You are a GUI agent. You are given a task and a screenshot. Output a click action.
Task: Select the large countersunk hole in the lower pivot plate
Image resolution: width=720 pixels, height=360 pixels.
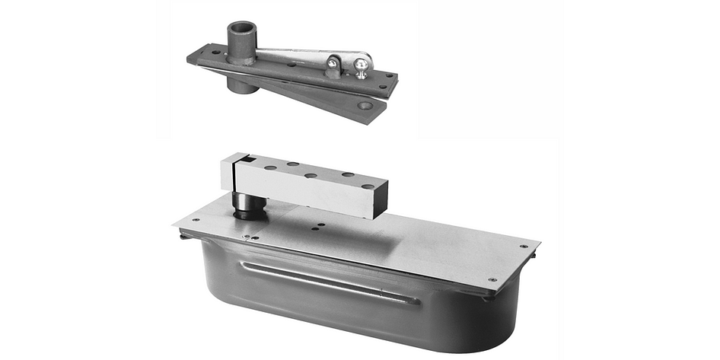click(x=367, y=106)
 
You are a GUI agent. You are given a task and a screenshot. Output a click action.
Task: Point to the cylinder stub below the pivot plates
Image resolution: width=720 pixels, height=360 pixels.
click(x=243, y=85)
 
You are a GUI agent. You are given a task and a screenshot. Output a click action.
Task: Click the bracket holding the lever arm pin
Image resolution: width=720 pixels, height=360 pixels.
click(x=333, y=67)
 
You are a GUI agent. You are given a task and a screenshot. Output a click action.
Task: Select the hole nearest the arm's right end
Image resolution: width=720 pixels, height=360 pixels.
click(x=368, y=185)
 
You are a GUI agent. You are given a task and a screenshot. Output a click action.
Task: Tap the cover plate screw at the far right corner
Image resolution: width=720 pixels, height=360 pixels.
click(x=523, y=246)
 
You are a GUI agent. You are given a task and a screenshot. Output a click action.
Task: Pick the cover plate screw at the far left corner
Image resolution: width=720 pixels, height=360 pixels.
click(x=196, y=220)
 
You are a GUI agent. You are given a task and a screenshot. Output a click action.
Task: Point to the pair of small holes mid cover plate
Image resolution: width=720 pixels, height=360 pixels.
click(x=319, y=226)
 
